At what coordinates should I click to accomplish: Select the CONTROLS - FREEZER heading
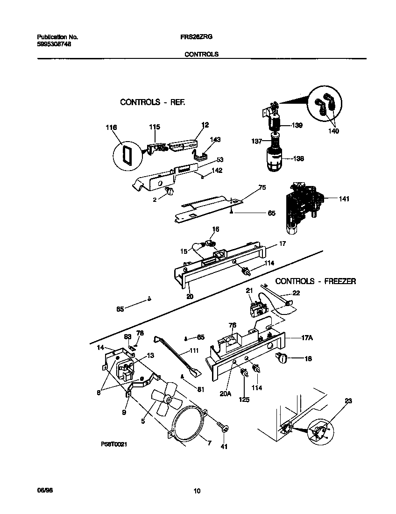pos(316,281)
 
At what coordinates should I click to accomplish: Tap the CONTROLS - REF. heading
pos(153,102)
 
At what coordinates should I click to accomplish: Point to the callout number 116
pos(111,128)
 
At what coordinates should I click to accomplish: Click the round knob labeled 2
pos(169,191)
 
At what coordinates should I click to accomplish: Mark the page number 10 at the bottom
pos(197,491)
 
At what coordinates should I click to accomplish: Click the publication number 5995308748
pos(54,44)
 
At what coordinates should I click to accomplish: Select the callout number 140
pos(333,131)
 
